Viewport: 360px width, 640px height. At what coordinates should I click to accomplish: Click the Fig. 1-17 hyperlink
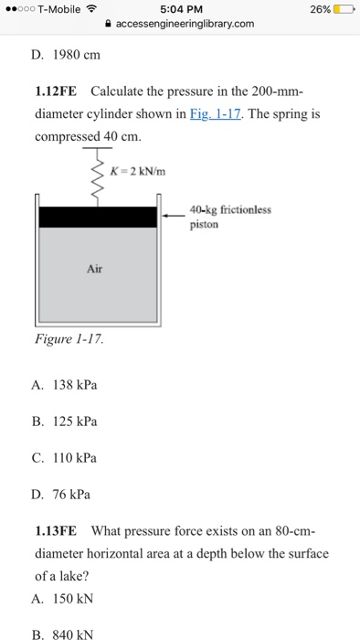tap(215, 114)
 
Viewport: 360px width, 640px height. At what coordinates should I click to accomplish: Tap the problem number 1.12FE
tap(56, 91)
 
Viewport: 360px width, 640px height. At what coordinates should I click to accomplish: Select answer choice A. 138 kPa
tap(64, 385)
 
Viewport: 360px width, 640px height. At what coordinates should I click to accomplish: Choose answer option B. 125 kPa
tap(64, 421)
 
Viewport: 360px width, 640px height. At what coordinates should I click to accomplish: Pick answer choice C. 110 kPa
tap(64, 458)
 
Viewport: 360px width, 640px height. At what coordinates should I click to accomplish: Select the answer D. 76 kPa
tap(60, 496)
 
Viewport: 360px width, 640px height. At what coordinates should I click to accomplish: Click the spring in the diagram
tap(97, 176)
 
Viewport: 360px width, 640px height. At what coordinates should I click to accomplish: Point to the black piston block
tap(98, 218)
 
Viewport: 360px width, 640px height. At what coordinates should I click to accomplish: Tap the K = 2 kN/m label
tap(138, 172)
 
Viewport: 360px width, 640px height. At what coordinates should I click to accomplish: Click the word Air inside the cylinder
tap(95, 269)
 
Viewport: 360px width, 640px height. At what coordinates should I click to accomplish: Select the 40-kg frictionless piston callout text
tap(230, 218)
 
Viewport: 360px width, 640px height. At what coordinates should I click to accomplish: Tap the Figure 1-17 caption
tap(69, 339)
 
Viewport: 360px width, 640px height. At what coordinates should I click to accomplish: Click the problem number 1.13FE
tap(56, 532)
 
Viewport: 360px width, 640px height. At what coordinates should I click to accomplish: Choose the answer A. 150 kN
tap(62, 599)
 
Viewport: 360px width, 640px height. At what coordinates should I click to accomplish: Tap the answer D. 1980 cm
tap(66, 55)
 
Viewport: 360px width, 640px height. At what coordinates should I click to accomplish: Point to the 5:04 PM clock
tap(182, 9)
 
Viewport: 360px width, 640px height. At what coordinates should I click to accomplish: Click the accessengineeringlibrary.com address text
tap(185, 24)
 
